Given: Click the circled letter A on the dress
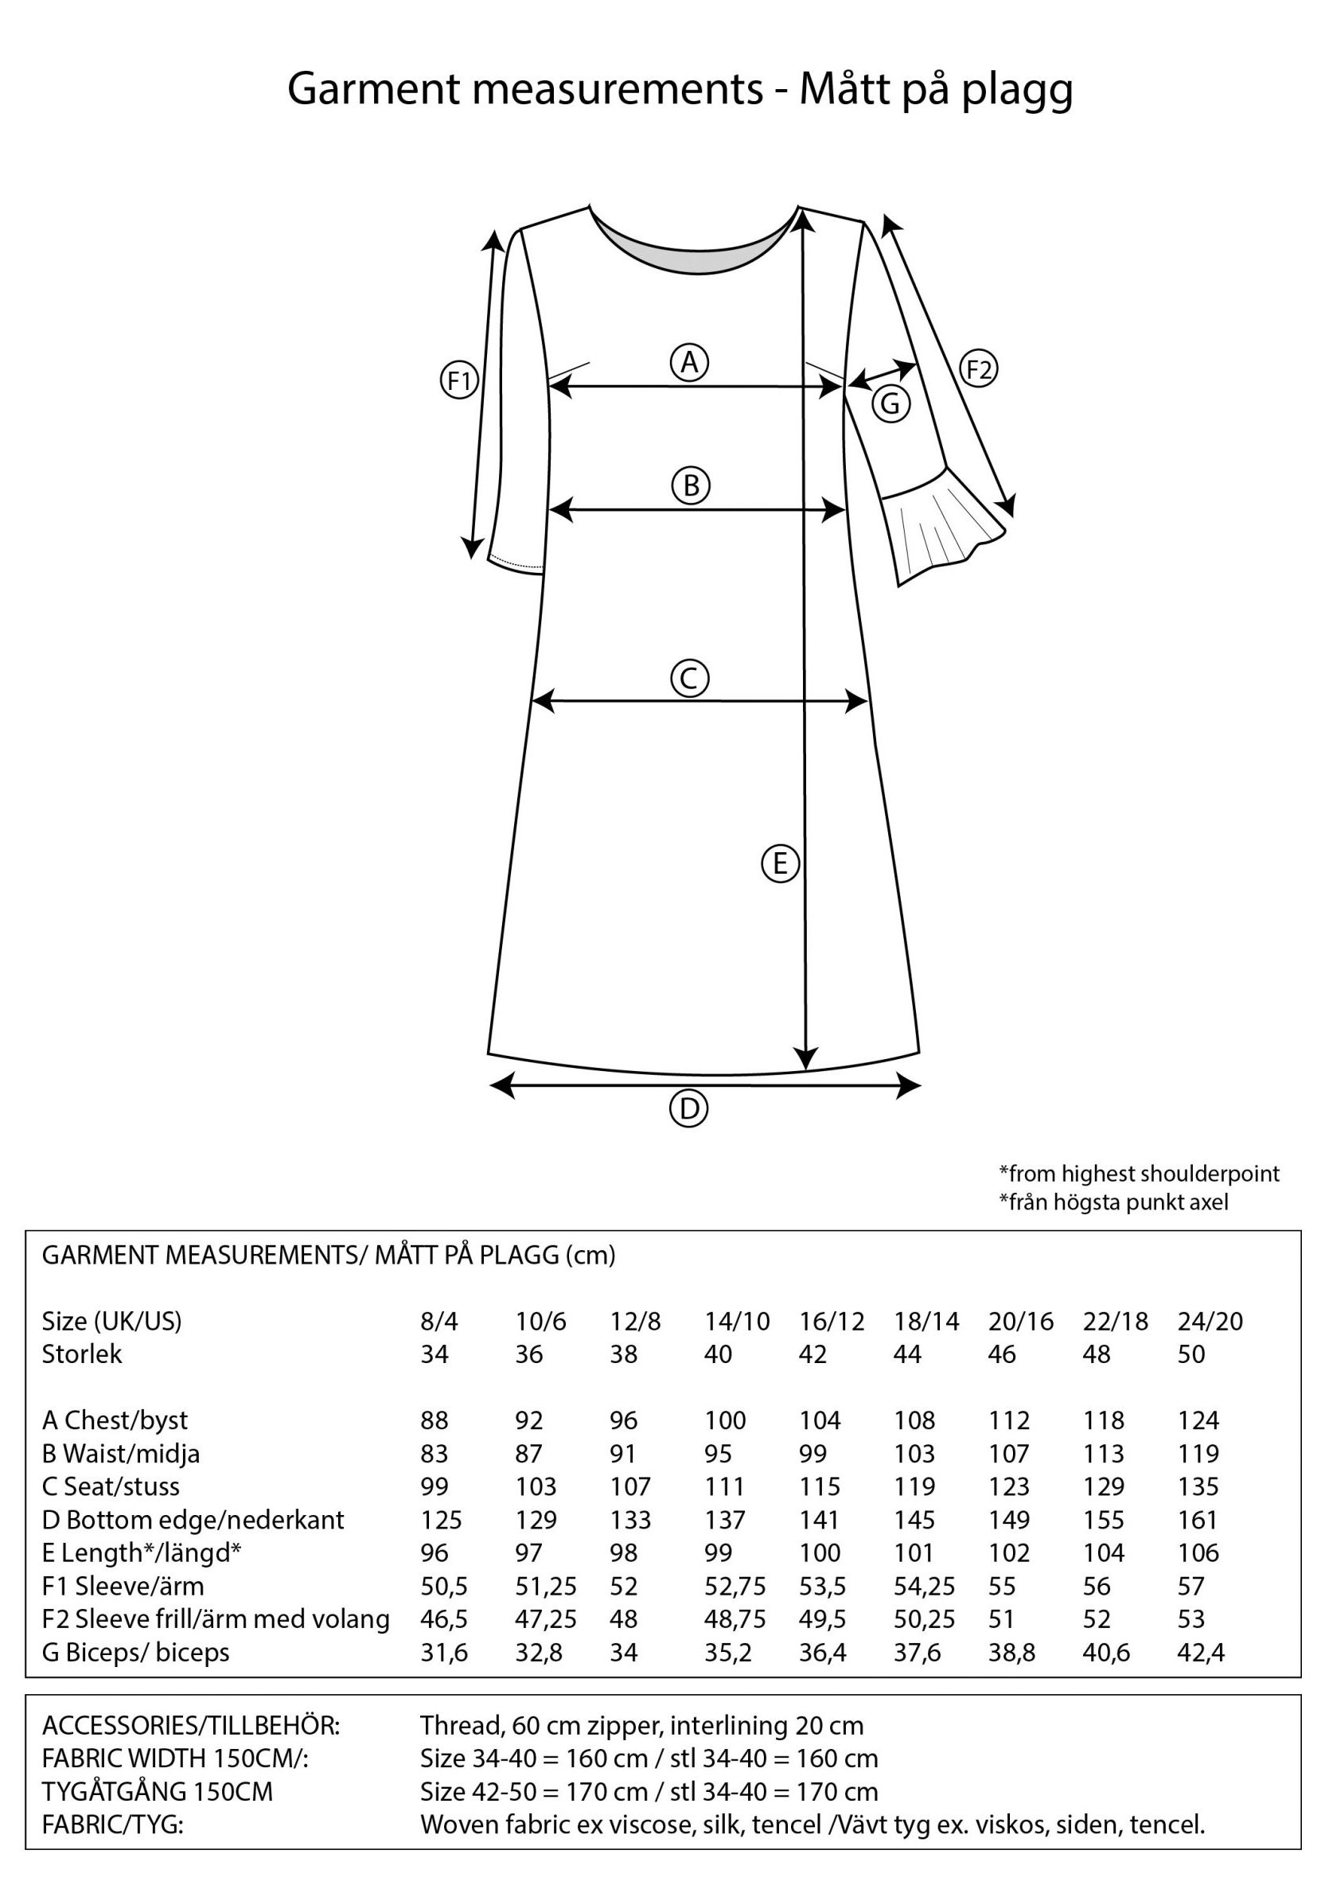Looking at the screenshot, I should pos(690,361).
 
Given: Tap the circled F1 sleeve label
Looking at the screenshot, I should pos(459,381).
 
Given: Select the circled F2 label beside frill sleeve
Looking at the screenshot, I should pos(979,369).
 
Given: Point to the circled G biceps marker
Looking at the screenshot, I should pos(891,404).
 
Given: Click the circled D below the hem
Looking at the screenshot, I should pos(688,1109).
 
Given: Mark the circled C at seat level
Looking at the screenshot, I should pos(690,679).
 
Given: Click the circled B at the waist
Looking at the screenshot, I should pos(691,485).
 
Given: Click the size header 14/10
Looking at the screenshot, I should pos(736,1321).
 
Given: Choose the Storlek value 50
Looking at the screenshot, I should pos(1190,1354).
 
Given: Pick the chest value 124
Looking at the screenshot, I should pos(1198,1420).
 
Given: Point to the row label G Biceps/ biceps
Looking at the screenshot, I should pos(135,1651).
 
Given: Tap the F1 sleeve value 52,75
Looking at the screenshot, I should pos(735,1586).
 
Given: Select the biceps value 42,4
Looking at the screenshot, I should pos(1201,1651).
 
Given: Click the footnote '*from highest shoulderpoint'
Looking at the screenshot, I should pos(1139,1173).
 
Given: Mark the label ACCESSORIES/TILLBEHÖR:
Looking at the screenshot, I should pos(190,1725).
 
